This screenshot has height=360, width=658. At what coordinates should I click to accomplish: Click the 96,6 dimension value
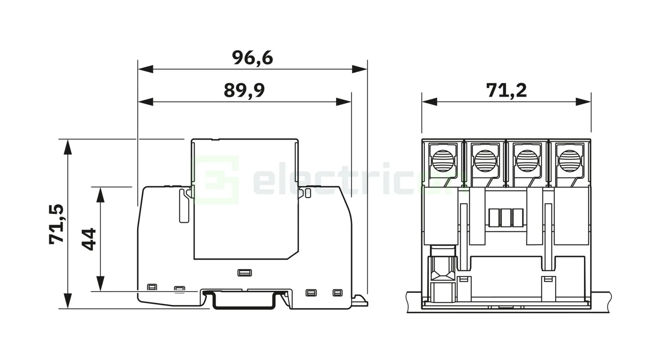[x=252, y=58]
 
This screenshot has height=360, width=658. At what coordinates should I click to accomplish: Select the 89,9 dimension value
[x=244, y=90]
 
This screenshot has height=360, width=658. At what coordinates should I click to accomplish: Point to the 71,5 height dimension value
[x=57, y=224]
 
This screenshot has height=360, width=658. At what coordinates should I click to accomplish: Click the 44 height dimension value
[x=89, y=239]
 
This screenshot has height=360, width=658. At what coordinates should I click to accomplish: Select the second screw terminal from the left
[x=485, y=160]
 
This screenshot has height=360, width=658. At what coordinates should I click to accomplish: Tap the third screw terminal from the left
[x=527, y=160]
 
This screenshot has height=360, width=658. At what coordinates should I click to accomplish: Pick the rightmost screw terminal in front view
[x=569, y=160]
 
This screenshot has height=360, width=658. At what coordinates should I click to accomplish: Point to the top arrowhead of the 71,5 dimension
[x=68, y=147]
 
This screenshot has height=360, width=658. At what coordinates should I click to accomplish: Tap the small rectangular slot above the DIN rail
[x=244, y=273]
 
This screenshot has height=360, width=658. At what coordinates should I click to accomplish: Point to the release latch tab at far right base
[x=360, y=300]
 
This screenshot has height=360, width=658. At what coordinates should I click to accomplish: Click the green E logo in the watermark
[x=216, y=180]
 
